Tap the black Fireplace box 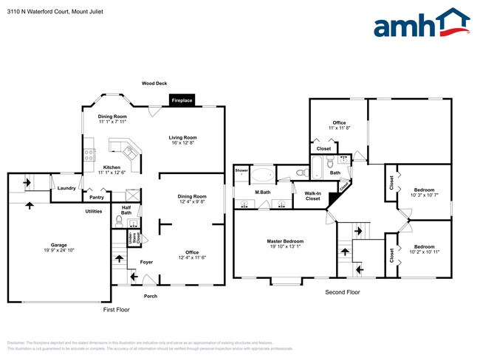click(x=182, y=100)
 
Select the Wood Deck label click(x=155, y=83)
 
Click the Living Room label click(x=182, y=137)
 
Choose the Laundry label click(x=66, y=188)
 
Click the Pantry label click(x=97, y=198)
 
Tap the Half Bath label click(x=126, y=210)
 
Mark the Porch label click(x=150, y=296)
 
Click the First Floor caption click(x=116, y=310)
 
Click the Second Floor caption click(x=343, y=292)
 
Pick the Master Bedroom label click(x=285, y=241)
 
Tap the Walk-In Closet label click(x=312, y=195)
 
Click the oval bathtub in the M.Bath click(x=264, y=176)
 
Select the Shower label click(x=241, y=170)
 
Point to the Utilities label click(x=94, y=211)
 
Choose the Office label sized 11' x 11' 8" click(x=339, y=123)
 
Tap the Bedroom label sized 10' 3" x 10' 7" click(x=424, y=190)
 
